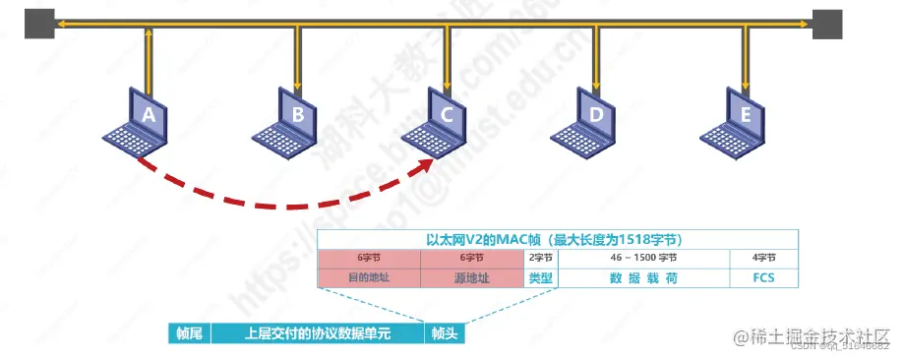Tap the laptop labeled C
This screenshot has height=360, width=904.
(446, 119)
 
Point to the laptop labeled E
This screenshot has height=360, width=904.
(744, 119)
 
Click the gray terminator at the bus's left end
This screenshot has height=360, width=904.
(39, 23)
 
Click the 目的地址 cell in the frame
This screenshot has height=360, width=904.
(369, 278)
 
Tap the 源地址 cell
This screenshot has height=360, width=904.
(472, 278)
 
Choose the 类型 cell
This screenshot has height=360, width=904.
(541, 278)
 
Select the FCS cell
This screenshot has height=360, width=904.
(757, 278)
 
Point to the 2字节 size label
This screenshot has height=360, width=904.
(541, 259)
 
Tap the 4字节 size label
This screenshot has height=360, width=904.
(757, 259)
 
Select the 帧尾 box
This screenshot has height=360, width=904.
(188, 334)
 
